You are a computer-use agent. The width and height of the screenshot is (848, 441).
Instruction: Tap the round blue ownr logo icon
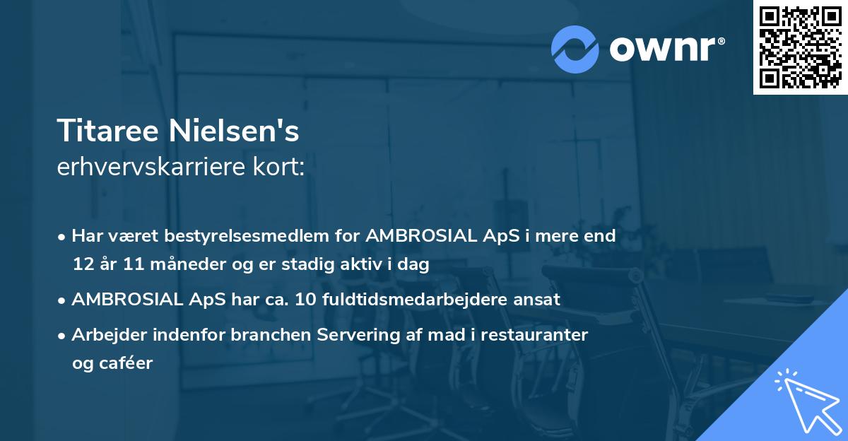pyautogui.click(x=575, y=49)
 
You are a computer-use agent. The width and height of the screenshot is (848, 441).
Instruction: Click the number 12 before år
pyautogui.click(x=82, y=264)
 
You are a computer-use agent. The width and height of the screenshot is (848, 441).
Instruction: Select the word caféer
pyautogui.click(x=125, y=363)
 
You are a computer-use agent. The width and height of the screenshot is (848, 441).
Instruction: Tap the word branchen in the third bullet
pyautogui.click(x=285, y=334)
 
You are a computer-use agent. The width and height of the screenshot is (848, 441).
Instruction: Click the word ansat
pyautogui.click(x=537, y=299)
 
